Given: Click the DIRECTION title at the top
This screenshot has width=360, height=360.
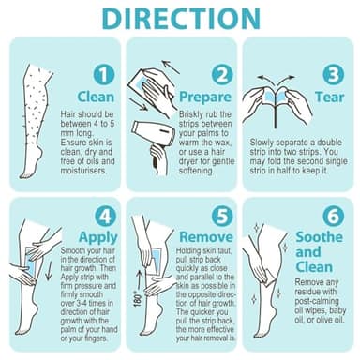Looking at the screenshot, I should [x=180, y=20].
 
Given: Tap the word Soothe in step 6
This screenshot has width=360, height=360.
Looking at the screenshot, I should [x=320, y=237].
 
